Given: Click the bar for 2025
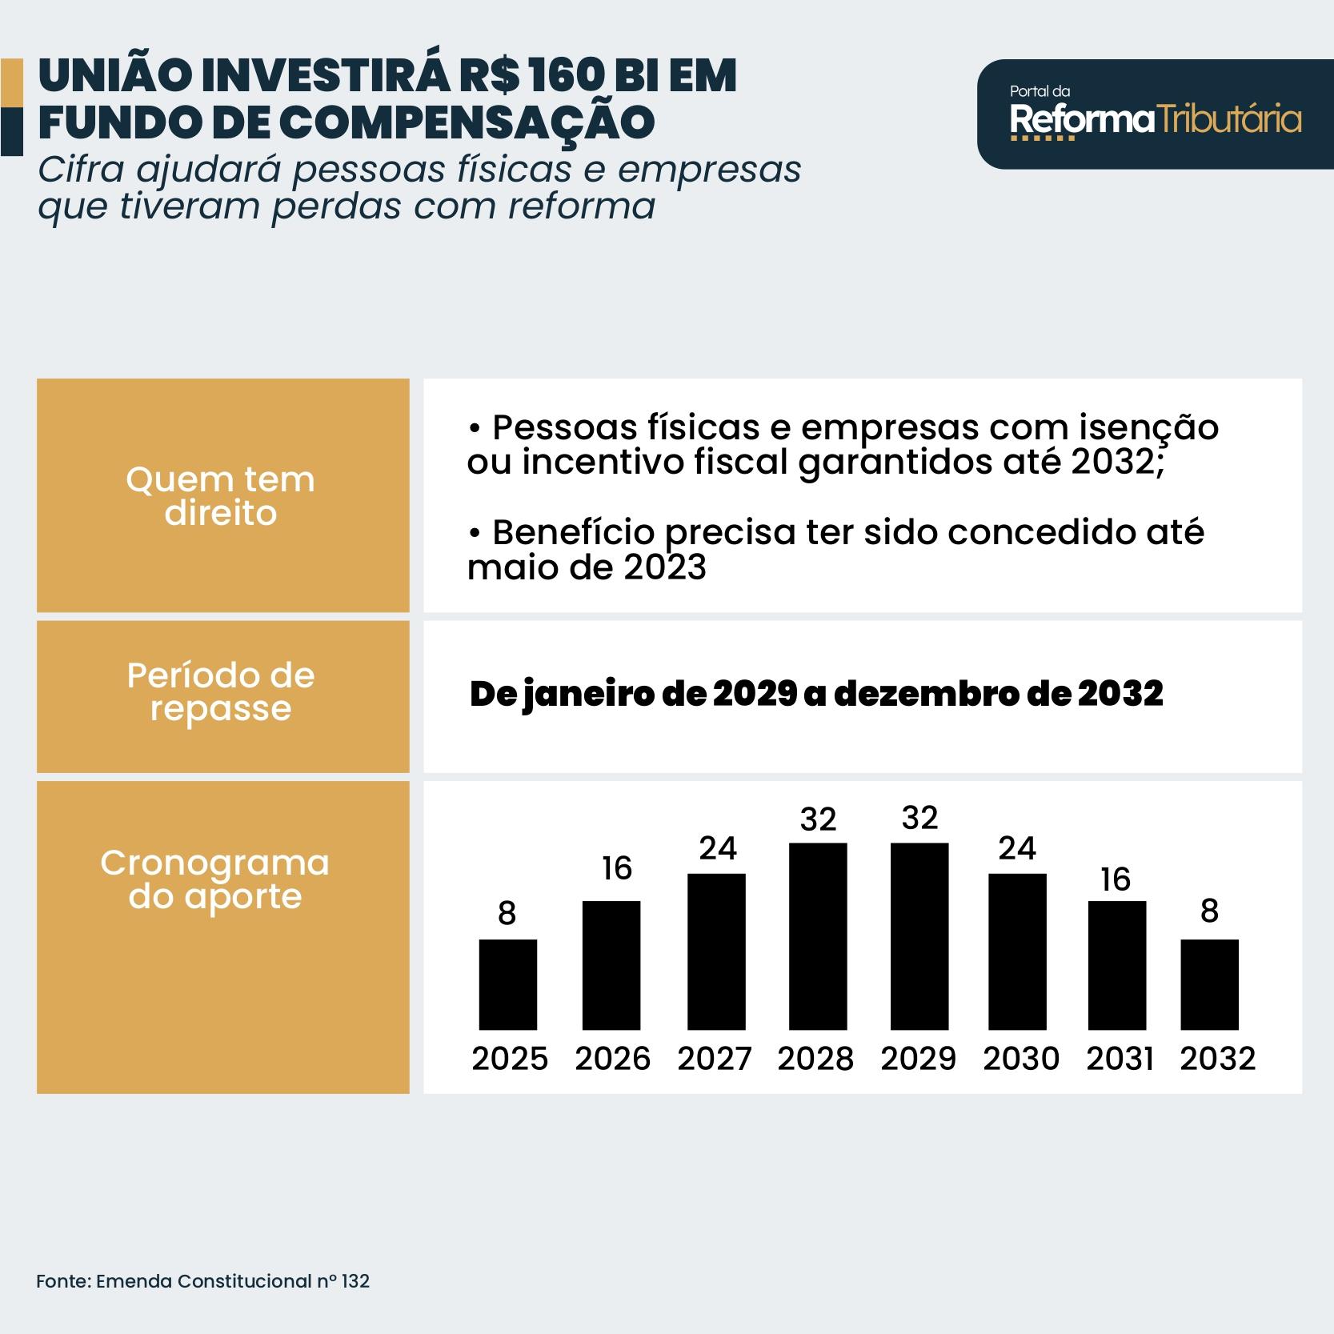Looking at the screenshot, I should [x=507, y=984].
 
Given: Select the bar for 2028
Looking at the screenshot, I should [x=818, y=935].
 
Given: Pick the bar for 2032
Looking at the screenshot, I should [x=1209, y=984].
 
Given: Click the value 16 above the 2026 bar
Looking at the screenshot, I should [x=617, y=868].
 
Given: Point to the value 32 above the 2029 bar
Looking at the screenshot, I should [x=919, y=819].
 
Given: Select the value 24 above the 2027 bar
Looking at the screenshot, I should [x=718, y=848].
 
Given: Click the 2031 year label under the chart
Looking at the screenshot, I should [x=1120, y=1059].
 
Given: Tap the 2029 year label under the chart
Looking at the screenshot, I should [x=919, y=1059].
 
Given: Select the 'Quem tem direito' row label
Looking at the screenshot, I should [x=221, y=496].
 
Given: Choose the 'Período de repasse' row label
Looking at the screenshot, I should [x=221, y=692].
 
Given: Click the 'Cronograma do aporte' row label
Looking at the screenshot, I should [x=215, y=879].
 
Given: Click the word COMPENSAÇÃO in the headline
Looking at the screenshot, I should [x=467, y=122].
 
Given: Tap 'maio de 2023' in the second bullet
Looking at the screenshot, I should [x=587, y=567].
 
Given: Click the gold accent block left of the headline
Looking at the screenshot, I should [x=11, y=82].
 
